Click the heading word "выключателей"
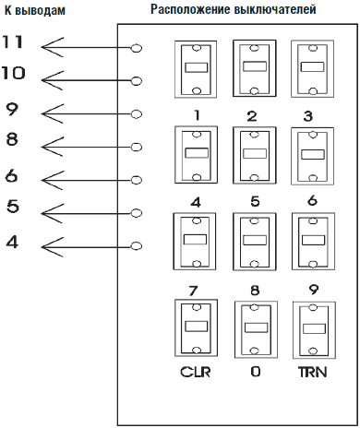click(275, 9)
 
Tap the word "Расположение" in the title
click(190, 9)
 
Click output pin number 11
click(13, 42)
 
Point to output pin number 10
click(13, 74)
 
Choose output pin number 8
click(12, 139)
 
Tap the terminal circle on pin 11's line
click(137, 48)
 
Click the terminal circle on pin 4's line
click(137, 246)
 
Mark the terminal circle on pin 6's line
click(137, 180)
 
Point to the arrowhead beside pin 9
click(53, 114)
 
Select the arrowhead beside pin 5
click(53, 213)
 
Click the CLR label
click(196, 372)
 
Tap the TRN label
click(312, 372)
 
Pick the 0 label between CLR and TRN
click(256, 372)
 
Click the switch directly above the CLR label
click(196, 328)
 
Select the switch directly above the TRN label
click(314, 330)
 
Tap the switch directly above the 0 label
click(256, 329)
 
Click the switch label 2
click(252, 116)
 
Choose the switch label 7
click(193, 291)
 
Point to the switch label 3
click(308, 116)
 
